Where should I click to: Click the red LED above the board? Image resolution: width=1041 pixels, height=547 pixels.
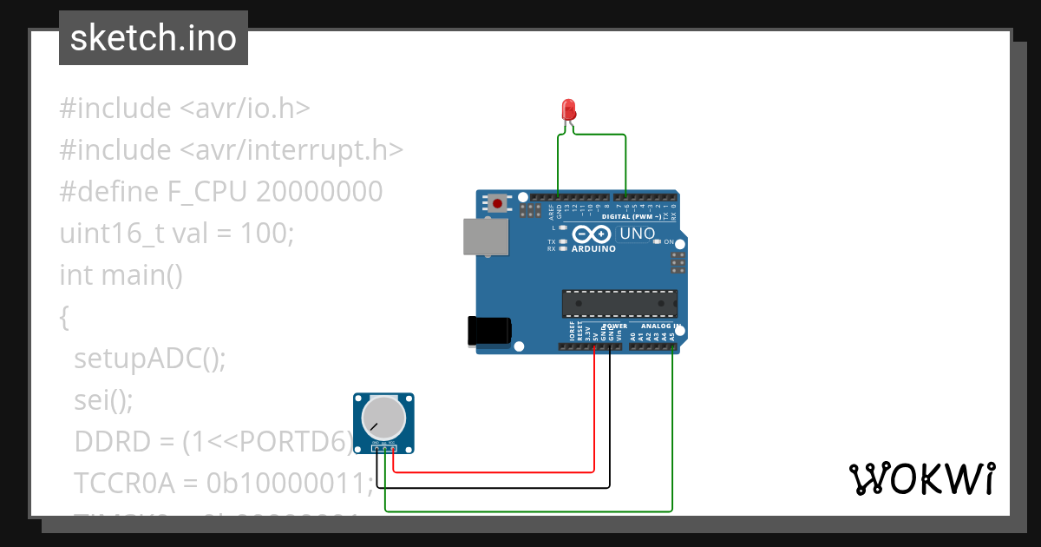pos(569,110)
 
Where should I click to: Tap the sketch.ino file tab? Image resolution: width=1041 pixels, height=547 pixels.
pos(154,38)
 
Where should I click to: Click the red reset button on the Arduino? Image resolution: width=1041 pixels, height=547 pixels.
pos(498,204)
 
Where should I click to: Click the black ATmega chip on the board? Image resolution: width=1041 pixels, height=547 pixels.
pos(619,303)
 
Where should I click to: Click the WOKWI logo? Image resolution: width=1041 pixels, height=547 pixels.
pos(921,478)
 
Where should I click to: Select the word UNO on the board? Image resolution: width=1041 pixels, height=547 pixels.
pos(637,234)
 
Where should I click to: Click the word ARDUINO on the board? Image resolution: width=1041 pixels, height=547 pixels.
pos(593,249)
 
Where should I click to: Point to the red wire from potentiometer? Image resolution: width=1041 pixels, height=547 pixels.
pos(520,471)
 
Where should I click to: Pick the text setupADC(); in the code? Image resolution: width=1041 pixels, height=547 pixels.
pos(150,359)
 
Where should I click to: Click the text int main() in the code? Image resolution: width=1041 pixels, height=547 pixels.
pos(121,275)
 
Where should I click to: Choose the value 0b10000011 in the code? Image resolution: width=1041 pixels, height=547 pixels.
pos(291,483)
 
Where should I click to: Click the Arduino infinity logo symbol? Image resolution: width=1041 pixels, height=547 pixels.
pos(593,234)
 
